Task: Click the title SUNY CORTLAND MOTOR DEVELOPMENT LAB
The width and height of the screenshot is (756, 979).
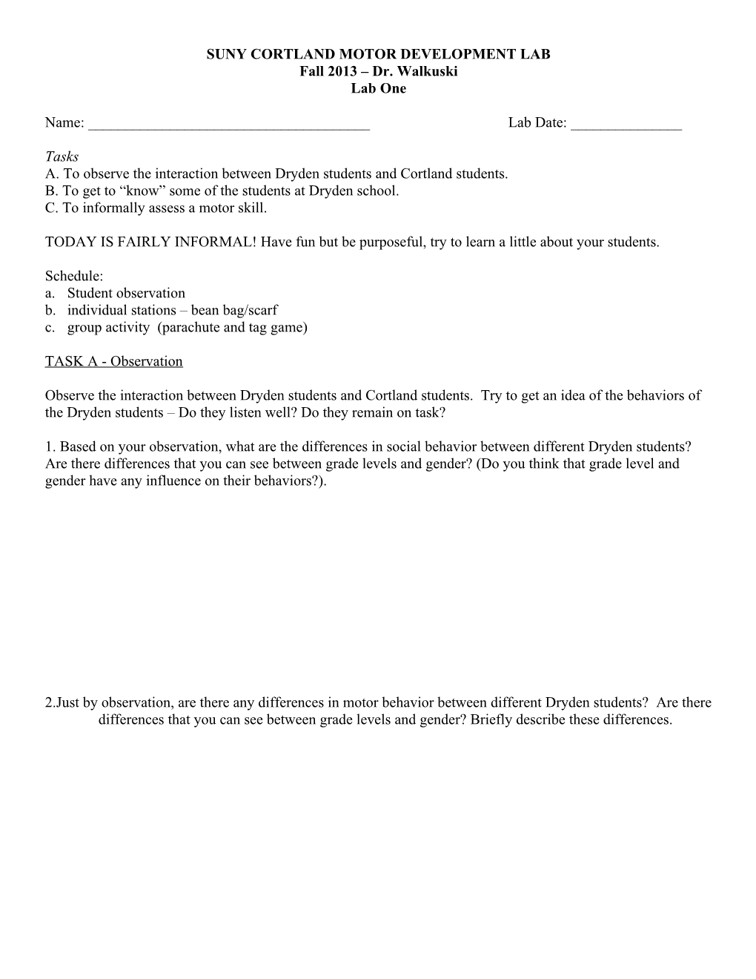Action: click(x=378, y=54)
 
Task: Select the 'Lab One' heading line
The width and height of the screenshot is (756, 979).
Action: click(x=378, y=88)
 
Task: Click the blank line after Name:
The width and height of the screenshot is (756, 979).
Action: click(x=228, y=124)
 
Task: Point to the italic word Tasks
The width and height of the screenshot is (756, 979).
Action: click(x=62, y=156)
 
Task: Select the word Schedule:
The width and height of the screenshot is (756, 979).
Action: click(x=73, y=276)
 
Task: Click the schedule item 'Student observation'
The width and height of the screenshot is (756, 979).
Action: click(x=126, y=293)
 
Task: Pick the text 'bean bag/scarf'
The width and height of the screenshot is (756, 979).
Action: click(x=234, y=310)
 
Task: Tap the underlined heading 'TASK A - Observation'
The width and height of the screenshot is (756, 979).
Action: click(x=113, y=361)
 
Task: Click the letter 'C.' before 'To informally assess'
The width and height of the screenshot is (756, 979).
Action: click(x=52, y=208)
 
